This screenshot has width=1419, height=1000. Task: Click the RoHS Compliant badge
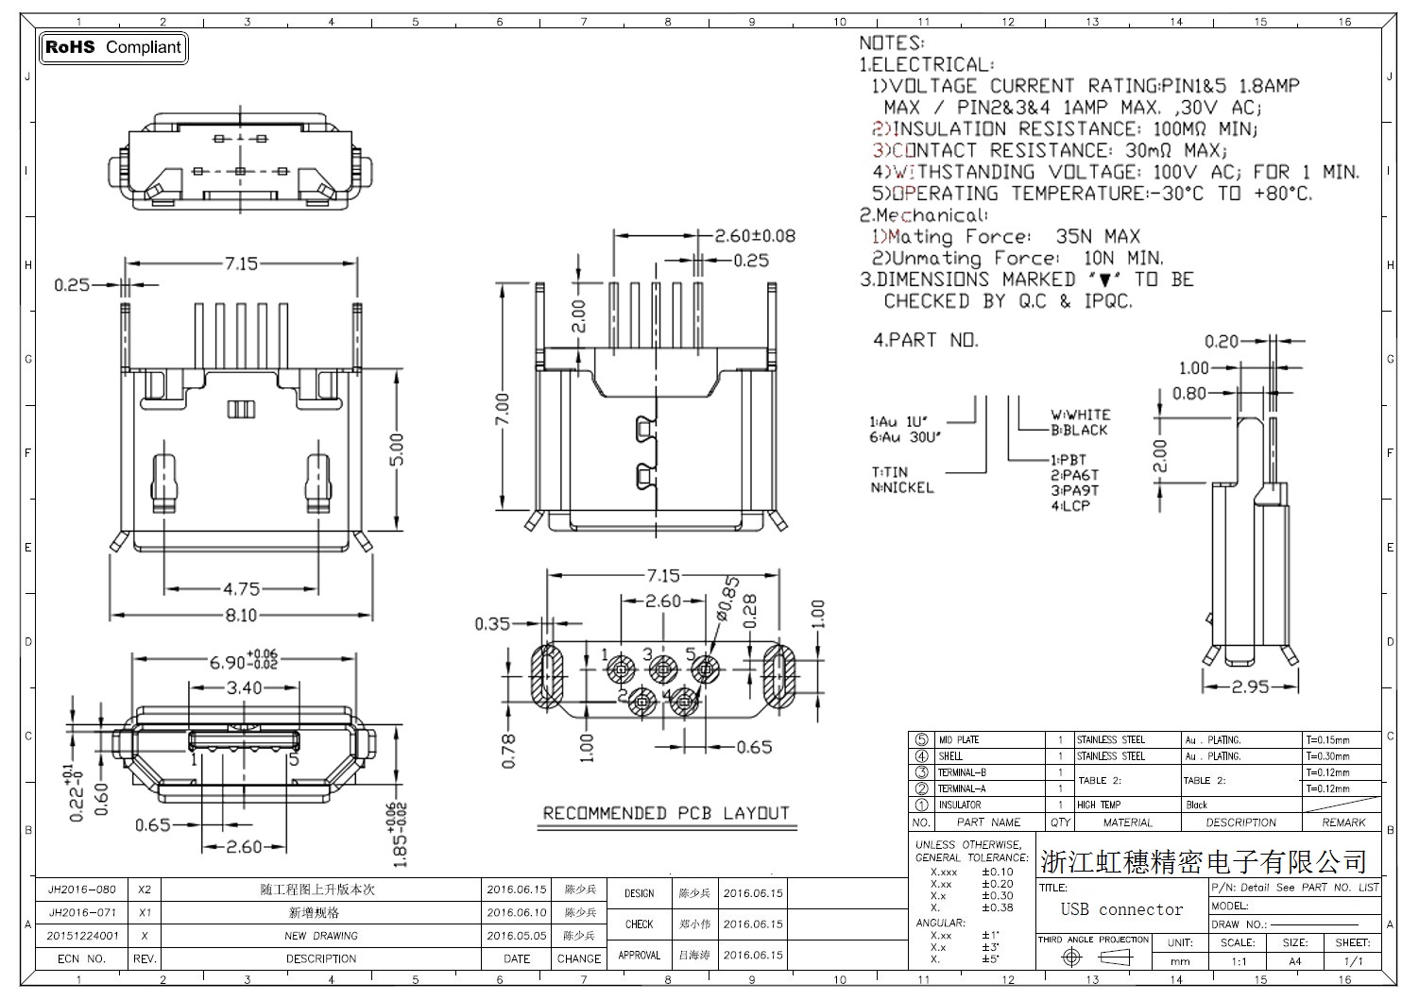point(113,47)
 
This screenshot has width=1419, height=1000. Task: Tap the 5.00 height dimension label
point(397,450)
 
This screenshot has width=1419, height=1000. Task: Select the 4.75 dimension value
point(241,589)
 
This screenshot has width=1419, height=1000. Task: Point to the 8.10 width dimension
point(241,616)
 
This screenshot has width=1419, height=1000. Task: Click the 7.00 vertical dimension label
point(503,410)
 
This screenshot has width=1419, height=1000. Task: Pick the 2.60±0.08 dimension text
point(754,236)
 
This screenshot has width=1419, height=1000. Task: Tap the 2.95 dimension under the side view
point(1250,687)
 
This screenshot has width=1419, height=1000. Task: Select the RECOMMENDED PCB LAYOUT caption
point(666,813)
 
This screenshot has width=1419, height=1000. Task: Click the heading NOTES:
point(891,43)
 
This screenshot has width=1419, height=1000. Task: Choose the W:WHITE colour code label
point(1080,415)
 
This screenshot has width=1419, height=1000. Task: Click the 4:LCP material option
point(1070,506)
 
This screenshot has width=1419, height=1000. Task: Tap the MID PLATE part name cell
point(958,740)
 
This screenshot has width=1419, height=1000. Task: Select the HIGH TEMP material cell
point(1099,805)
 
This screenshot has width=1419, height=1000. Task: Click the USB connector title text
point(1121,909)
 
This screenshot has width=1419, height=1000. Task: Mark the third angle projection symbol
point(1094,958)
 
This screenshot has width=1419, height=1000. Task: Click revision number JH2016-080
point(82,890)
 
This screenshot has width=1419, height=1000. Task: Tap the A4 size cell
point(1294,961)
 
